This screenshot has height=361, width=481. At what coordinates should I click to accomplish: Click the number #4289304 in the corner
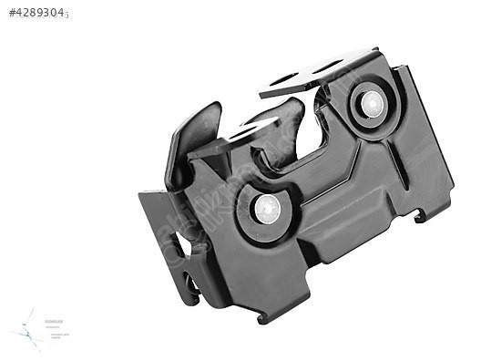coord(38,14)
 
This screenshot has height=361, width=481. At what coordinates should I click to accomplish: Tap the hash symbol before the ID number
coord(12,14)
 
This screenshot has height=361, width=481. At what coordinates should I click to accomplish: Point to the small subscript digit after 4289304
coord(67,16)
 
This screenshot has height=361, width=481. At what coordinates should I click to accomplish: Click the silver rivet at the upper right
coord(373,104)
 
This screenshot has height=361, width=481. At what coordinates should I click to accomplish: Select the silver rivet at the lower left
coord(267,210)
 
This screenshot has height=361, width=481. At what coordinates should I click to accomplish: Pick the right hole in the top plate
coord(330,66)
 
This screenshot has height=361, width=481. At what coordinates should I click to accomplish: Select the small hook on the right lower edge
coord(420,216)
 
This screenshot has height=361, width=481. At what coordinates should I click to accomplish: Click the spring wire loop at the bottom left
coord(192,290)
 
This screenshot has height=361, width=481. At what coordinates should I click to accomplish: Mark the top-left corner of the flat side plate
coord(142,193)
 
